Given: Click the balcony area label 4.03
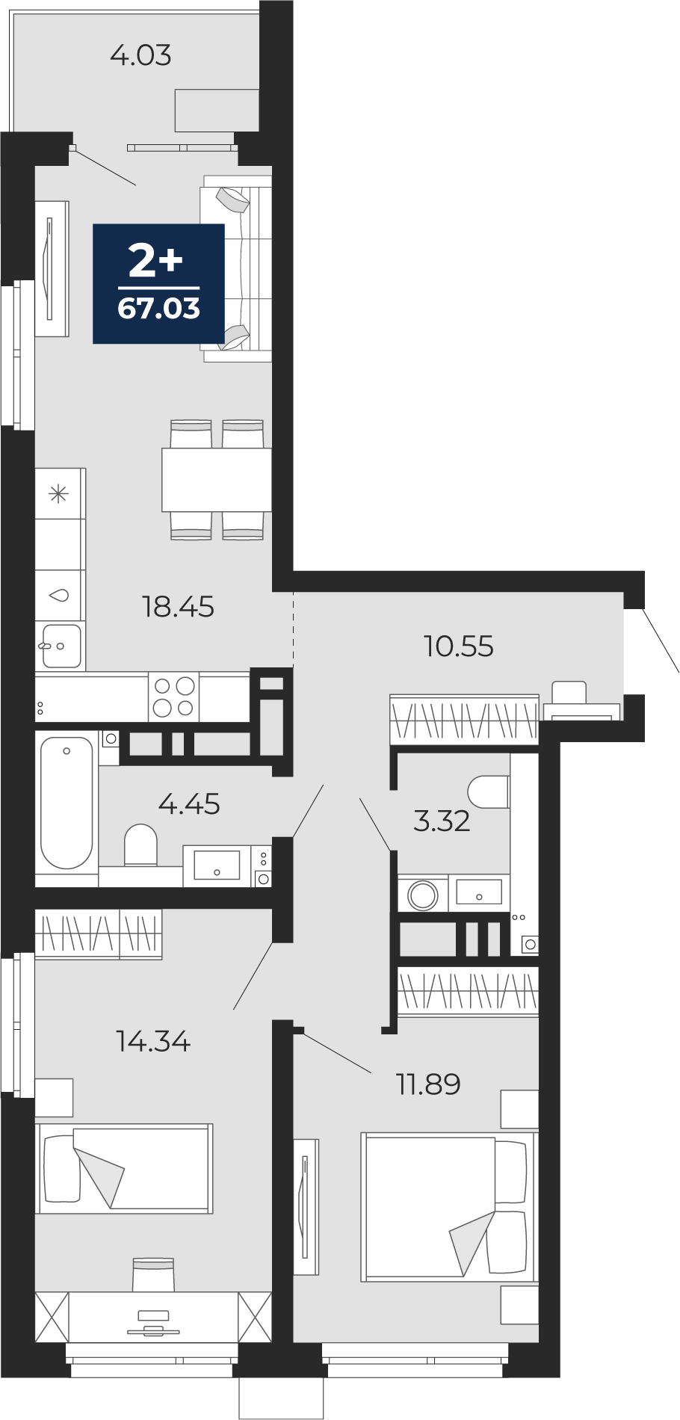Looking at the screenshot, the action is pyautogui.click(x=140, y=55).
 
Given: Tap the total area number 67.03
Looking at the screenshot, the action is pyautogui.click(x=159, y=308).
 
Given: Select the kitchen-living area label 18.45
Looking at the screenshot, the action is pyautogui.click(x=179, y=607).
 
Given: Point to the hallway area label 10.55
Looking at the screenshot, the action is pyautogui.click(x=459, y=646).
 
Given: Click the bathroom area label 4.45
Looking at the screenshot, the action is pyautogui.click(x=190, y=804).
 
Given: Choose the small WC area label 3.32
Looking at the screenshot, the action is pyautogui.click(x=442, y=821).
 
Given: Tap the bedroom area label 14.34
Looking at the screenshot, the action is pyautogui.click(x=154, y=1041).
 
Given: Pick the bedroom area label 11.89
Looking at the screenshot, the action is pyautogui.click(x=428, y=1084).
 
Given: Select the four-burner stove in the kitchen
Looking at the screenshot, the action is pyautogui.click(x=174, y=697).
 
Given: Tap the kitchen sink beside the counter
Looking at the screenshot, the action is pyautogui.click(x=61, y=646).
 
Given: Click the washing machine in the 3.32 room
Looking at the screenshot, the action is pyautogui.click(x=423, y=894).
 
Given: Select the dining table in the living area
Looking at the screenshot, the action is pyautogui.click(x=217, y=480).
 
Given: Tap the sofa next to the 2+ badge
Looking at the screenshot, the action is pyautogui.click(x=236, y=269).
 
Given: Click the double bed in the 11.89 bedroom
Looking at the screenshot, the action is pyautogui.click(x=448, y=1207).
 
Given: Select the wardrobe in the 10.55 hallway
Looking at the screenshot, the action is pyautogui.click(x=464, y=719).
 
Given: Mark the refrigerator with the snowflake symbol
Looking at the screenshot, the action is pyautogui.click(x=61, y=493).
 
